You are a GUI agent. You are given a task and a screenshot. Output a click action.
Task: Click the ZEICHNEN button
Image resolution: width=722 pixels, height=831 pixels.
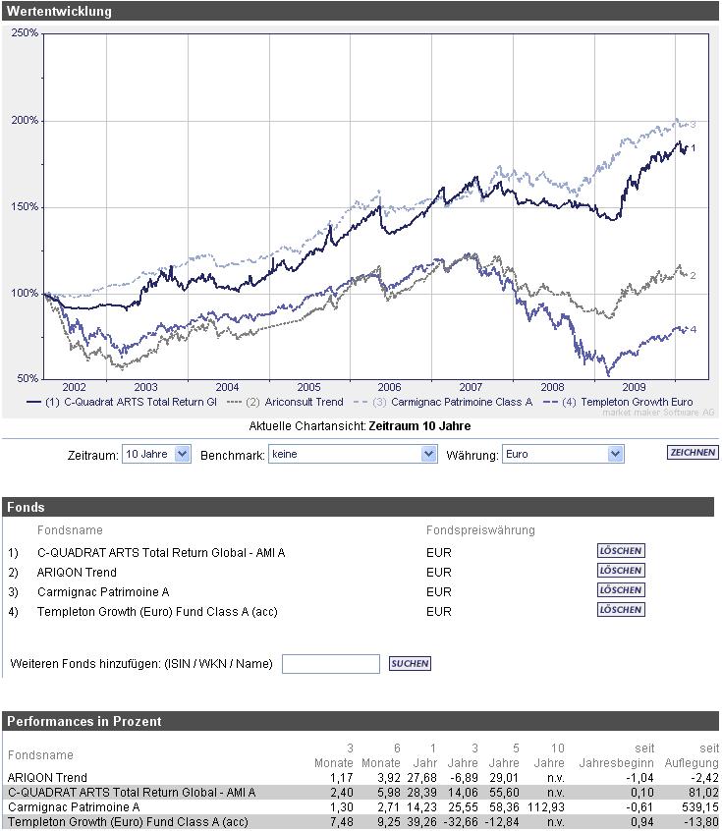point(692,453)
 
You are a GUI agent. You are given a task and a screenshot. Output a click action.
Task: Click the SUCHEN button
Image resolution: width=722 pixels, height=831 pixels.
point(410,664)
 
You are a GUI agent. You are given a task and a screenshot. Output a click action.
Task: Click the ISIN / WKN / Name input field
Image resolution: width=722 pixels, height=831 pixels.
point(330,664)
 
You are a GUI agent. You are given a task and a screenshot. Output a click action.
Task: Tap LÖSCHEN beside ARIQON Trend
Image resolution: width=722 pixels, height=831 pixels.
point(621,572)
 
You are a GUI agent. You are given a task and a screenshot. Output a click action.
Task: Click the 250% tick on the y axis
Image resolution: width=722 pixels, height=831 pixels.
point(26,33)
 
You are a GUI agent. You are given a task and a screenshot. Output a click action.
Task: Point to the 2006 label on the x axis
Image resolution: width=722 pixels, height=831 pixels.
point(390,387)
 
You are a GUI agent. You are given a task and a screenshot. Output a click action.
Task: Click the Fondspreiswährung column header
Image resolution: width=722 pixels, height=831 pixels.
point(480,530)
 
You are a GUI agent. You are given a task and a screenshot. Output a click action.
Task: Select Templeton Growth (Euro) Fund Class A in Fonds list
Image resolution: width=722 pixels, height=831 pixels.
point(157,611)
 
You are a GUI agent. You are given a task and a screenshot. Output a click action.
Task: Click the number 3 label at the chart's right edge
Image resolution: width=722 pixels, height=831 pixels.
point(693,125)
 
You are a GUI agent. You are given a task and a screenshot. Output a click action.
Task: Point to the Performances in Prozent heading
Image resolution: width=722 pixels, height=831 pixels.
point(84,721)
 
